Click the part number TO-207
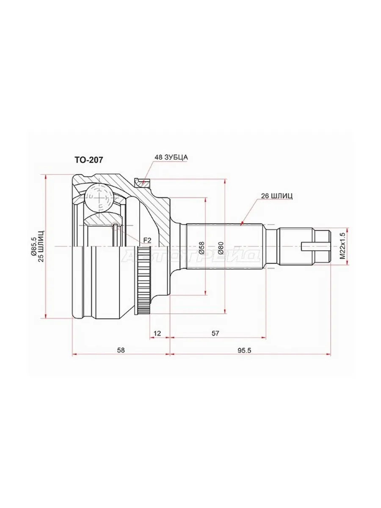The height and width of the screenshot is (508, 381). click(88, 160)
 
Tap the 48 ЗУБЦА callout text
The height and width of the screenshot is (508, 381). click(171, 157)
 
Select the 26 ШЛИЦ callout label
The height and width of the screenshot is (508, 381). click(277, 196)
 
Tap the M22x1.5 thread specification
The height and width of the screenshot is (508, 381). click(342, 246)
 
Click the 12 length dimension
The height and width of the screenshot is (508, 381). click(157, 333)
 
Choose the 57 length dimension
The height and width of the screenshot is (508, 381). click(215, 333)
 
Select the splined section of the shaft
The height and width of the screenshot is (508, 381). click(224, 246)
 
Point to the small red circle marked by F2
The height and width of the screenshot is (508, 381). click(115, 226)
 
